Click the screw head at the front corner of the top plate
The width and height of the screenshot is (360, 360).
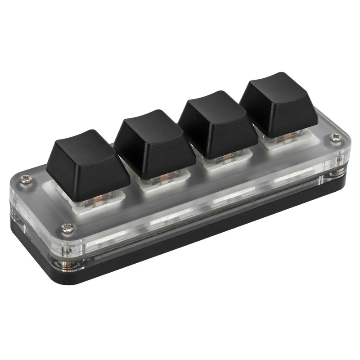tap(67, 229)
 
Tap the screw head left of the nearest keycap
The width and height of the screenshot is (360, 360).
tap(27, 180)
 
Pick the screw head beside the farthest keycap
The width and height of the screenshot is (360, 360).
tap(335, 137)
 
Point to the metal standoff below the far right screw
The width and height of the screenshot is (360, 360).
tap(337, 172)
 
